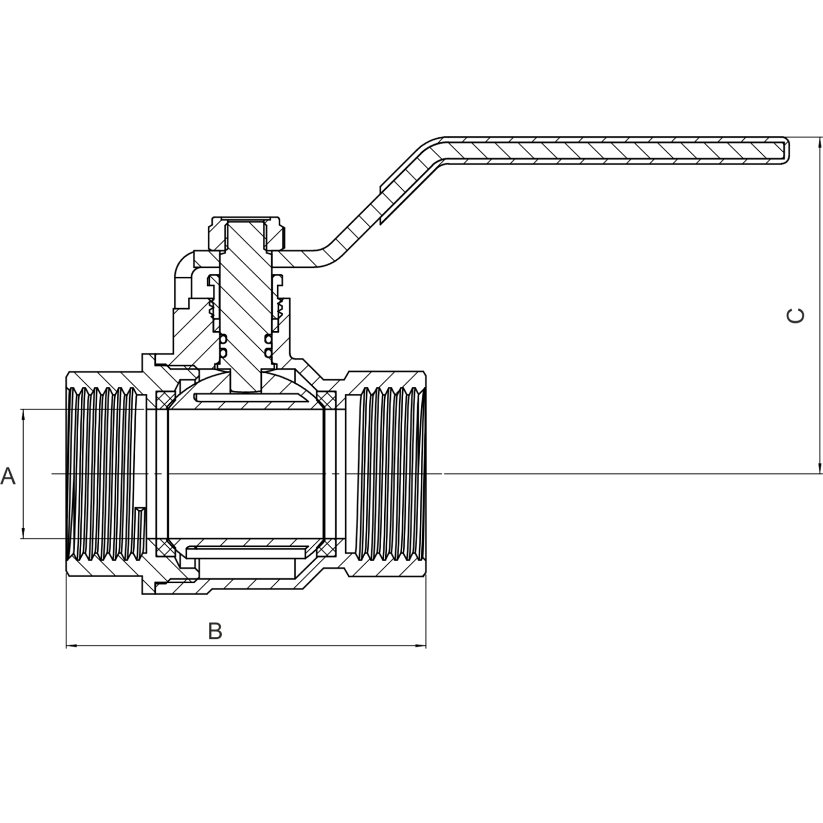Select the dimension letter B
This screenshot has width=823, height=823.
[x=215, y=631]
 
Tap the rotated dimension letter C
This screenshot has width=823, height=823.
[x=796, y=315]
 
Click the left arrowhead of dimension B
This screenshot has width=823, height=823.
[x=73, y=645]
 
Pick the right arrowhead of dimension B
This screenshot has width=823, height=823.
[x=420, y=645]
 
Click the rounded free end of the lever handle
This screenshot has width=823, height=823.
[x=784, y=151]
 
